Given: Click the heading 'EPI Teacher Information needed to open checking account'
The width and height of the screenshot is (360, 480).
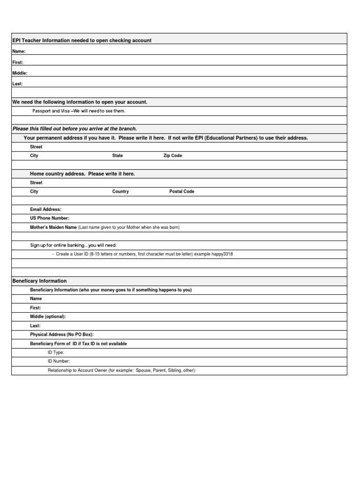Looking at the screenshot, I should tap(82, 40).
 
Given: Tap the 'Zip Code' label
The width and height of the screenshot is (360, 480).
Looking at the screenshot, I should tap(172, 156).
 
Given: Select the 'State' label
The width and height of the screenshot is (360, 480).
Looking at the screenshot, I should tap(117, 156).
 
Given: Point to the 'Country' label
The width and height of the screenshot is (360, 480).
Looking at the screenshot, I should tap(120, 192).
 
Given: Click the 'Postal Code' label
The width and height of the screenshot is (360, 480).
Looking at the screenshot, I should tap(181, 192).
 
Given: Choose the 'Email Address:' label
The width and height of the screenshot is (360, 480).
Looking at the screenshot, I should tap(45, 210).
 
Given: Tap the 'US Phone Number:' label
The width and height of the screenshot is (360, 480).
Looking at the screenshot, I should tap(50, 218).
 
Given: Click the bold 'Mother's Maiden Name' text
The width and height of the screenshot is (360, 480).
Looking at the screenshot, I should tap(53, 227).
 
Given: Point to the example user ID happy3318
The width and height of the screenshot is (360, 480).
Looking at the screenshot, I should tap(222, 254).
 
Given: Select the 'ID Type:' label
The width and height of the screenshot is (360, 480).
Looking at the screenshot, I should tap(56, 352).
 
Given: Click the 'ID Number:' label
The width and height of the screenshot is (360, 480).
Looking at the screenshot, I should tap(59, 361).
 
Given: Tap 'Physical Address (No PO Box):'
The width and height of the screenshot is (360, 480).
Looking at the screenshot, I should tap(62, 335).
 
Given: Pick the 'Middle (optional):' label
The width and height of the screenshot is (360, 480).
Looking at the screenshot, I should tap(48, 317).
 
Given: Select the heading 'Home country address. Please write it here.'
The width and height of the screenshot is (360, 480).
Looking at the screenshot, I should tap(82, 174).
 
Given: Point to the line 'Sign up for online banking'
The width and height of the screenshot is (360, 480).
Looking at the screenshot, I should tap(74, 245).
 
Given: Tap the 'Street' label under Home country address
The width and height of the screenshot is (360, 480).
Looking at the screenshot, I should tap(36, 183).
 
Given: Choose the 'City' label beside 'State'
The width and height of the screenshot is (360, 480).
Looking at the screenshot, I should tap(34, 156).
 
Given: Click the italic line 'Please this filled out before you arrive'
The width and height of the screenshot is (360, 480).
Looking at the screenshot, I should tap(75, 129).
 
